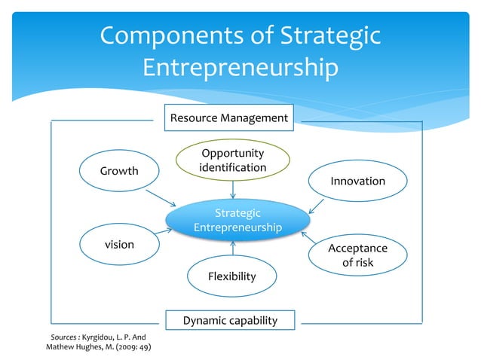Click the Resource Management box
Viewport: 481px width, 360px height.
[x=228, y=118]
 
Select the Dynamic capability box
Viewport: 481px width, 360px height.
[x=230, y=321]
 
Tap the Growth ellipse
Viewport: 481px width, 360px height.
[x=119, y=172]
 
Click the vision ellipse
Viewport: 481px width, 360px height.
[x=119, y=245]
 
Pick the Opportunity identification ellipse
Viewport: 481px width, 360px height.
[x=232, y=160]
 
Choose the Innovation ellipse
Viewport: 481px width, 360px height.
[x=357, y=182]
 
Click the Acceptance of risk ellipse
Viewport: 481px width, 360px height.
[x=357, y=255]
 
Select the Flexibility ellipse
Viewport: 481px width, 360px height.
[x=232, y=276]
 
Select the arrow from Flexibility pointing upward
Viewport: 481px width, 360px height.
[x=234, y=249]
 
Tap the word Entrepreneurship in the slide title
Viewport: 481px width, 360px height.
[x=240, y=69]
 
